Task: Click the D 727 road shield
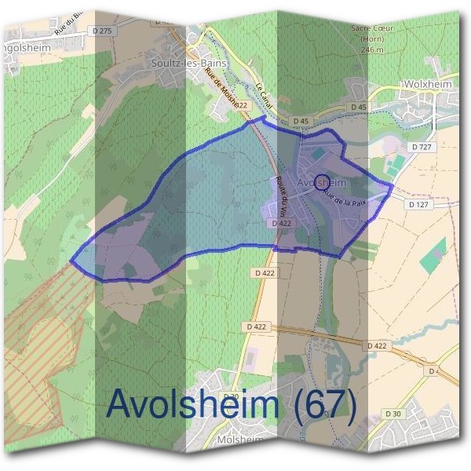coord(422,147)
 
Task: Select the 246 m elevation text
coord(371,49)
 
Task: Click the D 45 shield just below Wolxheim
coord(359,106)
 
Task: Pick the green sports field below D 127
coord(432,260)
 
